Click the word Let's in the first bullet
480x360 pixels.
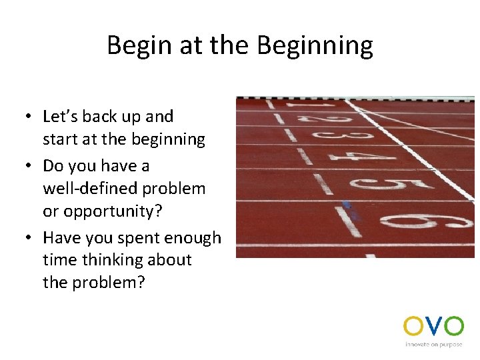[61, 117]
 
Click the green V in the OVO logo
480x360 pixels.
[433, 326]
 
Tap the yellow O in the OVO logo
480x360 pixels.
[412, 326]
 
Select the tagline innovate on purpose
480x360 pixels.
[433, 345]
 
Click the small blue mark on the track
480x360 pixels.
[346, 205]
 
